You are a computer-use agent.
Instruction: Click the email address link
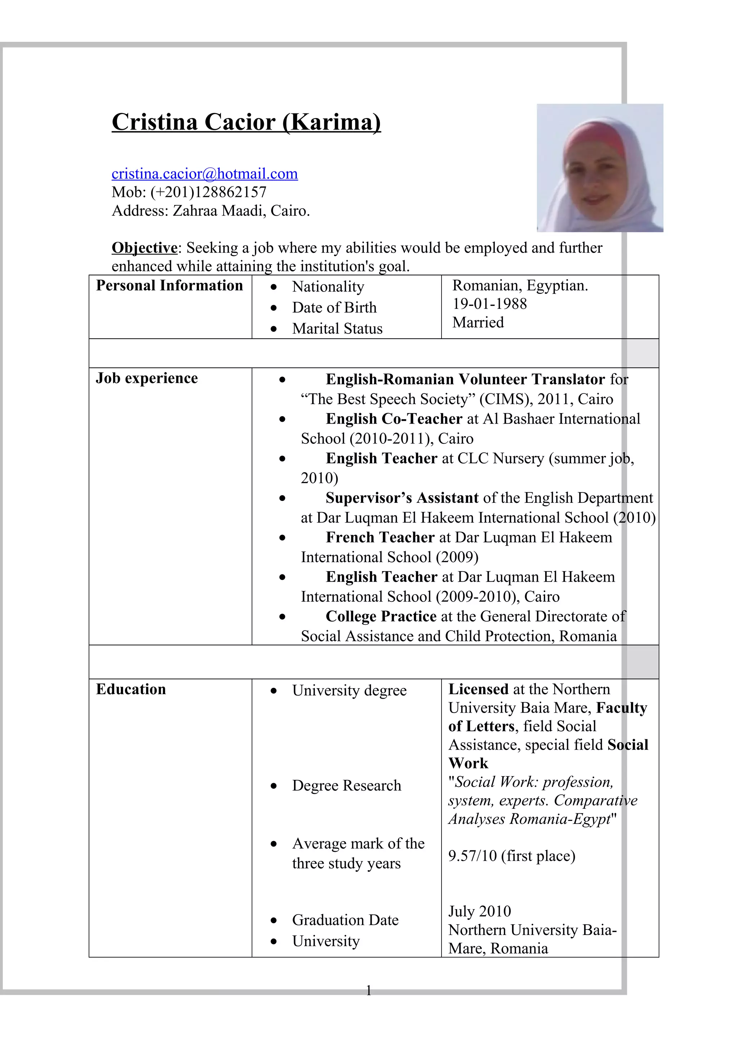[204, 173]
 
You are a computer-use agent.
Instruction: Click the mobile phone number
[208, 192]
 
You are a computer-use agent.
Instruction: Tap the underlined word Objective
[144, 248]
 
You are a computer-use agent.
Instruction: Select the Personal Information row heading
[169, 285]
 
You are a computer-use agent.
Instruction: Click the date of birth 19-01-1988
[489, 303]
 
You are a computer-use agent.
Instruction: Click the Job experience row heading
[147, 378]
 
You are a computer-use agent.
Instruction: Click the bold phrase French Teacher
[380, 537]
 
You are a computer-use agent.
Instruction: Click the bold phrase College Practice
[380, 616]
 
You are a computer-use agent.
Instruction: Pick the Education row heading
[131, 689]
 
